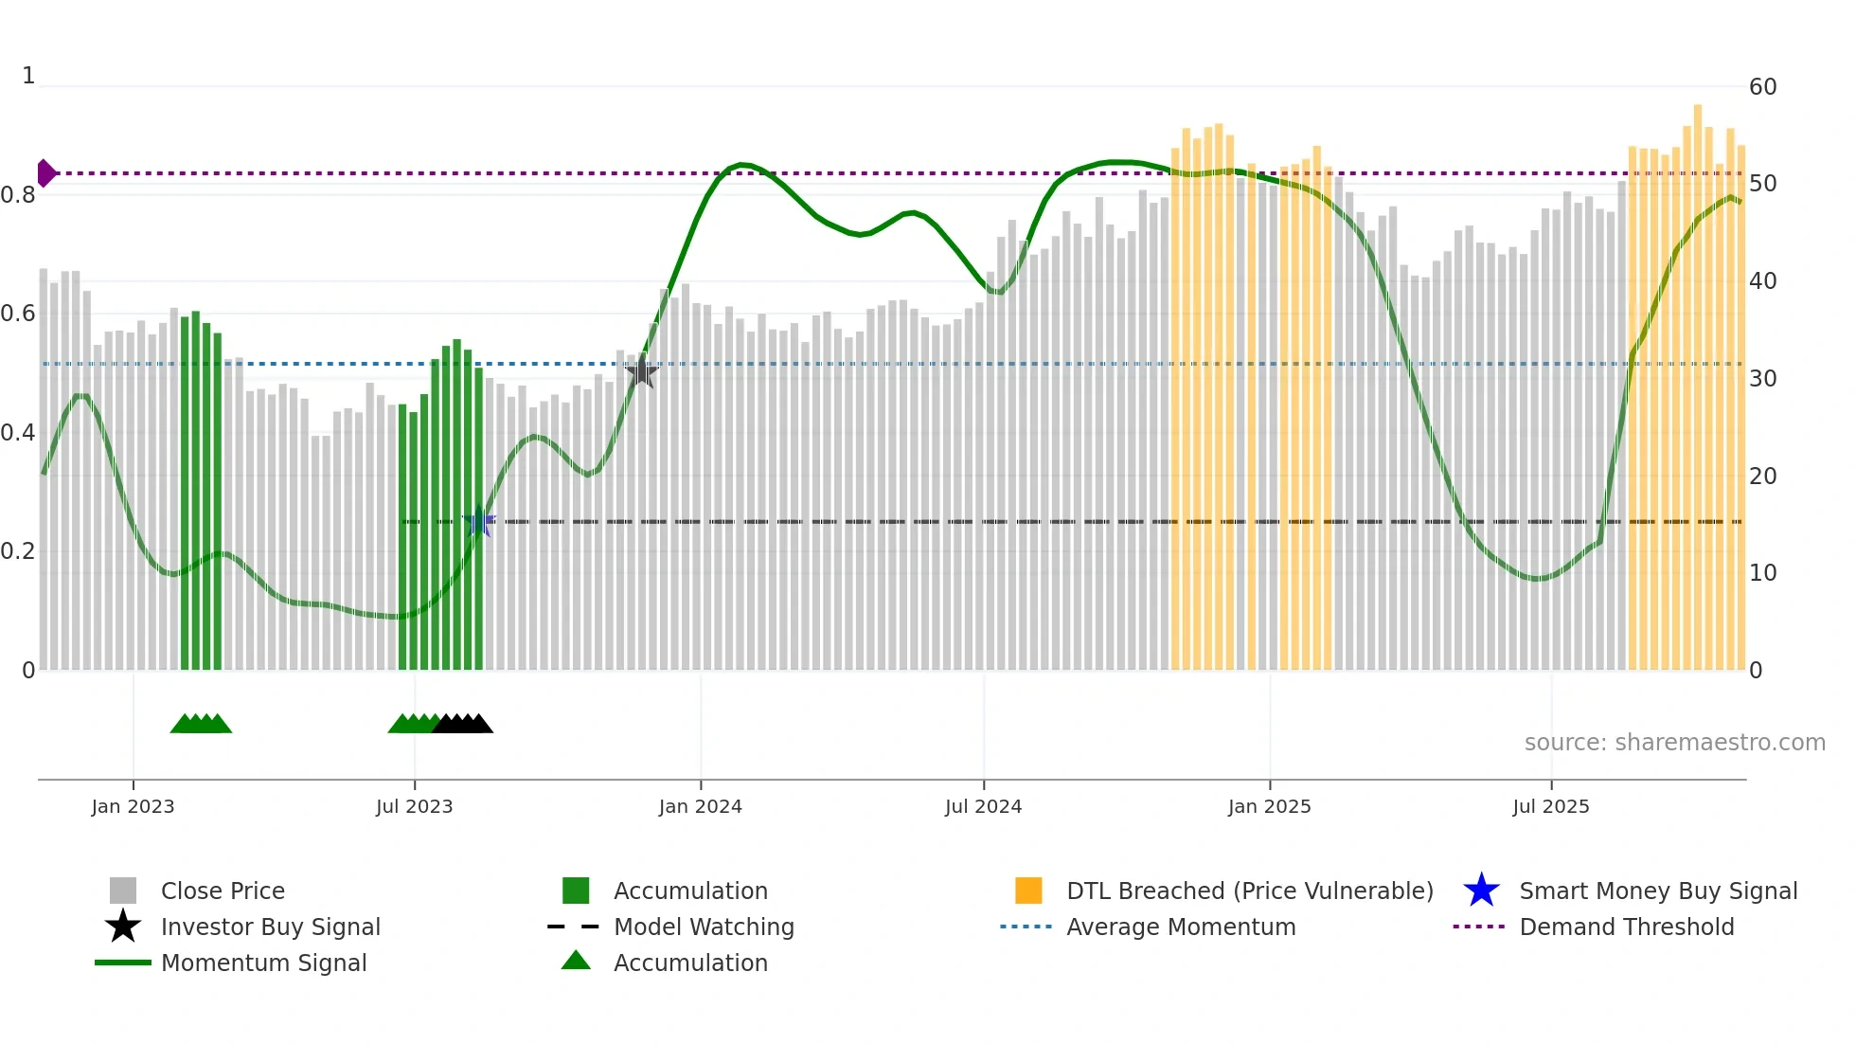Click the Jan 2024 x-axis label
(x=700, y=806)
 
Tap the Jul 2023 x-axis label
(x=414, y=806)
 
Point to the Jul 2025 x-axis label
(x=1550, y=806)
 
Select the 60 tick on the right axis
(x=1762, y=87)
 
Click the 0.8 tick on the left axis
(x=18, y=195)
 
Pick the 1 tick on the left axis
(x=28, y=76)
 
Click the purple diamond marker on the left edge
(x=45, y=173)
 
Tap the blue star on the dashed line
(x=479, y=522)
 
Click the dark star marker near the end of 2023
(x=641, y=371)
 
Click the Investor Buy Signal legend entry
(x=270, y=927)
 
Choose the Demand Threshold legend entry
(x=1626, y=927)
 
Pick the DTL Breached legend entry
(x=1249, y=891)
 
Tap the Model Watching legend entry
(x=703, y=927)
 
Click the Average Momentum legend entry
(x=1180, y=927)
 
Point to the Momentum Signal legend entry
(x=263, y=963)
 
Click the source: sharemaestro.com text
(x=1674, y=742)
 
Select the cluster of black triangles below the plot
(x=462, y=724)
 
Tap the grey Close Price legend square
(x=123, y=891)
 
